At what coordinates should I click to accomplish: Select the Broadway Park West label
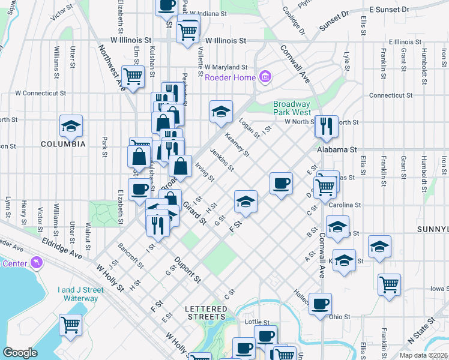[x=292, y=108]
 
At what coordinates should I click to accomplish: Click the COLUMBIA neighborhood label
[x=63, y=144]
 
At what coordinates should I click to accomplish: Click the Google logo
[x=20, y=353]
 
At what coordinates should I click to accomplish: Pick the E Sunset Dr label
[x=389, y=10]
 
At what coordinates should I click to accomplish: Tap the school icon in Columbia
[x=71, y=125]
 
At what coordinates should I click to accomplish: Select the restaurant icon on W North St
[x=327, y=125]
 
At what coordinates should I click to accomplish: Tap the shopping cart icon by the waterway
[x=71, y=324]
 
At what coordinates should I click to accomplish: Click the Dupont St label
[x=187, y=270]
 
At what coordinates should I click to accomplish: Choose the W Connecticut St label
[x=40, y=93]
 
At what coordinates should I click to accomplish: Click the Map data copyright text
[x=423, y=355]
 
